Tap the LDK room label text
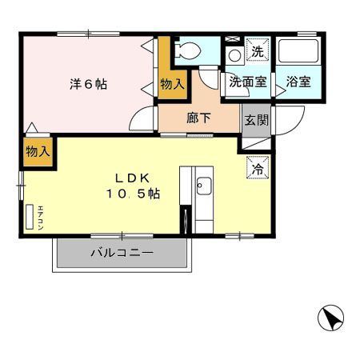pos(132,178)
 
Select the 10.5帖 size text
pos(132,194)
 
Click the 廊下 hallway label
pos(198,117)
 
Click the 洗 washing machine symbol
pos(258,52)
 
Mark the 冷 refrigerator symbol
pos(258,169)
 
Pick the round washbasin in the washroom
pos(234,56)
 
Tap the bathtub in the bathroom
pos(298,52)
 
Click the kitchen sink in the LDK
pos(200,187)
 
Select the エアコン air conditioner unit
pos(30,216)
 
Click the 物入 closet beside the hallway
pos(172,83)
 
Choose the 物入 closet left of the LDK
pos(38,150)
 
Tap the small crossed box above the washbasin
pos(233,38)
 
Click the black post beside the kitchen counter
pos(185,218)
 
